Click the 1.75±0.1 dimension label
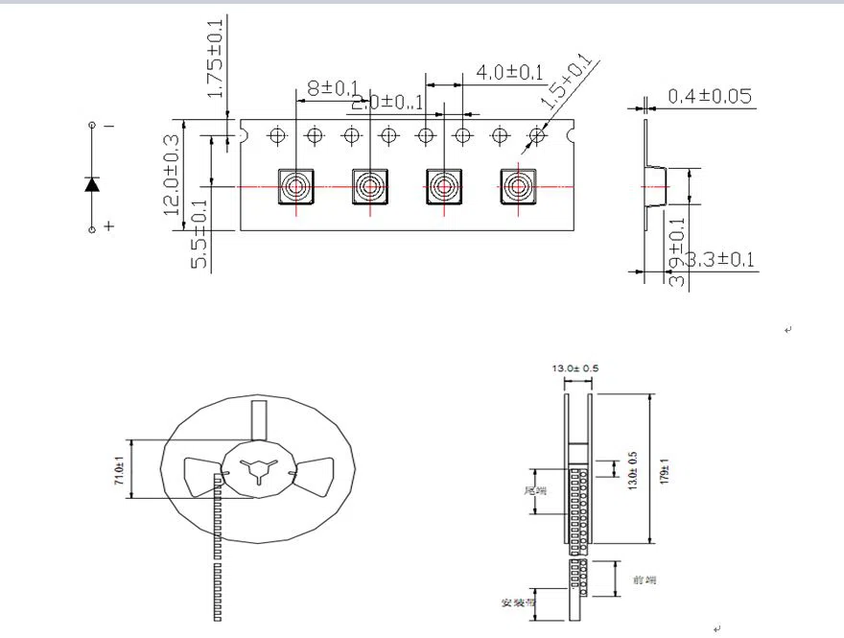click(x=215, y=59)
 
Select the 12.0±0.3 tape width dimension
click(x=173, y=175)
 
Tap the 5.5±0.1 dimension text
click(x=199, y=234)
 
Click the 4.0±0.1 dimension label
click(x=510, y=72)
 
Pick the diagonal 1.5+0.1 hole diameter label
click(x=567, y=83)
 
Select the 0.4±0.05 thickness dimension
click(x=709, y=96)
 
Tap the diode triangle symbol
click(x=92, y=183)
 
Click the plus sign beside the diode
click(x=108, y=226)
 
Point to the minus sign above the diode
click(x=108, y=126)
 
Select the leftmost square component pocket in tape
click(x=295, y=186)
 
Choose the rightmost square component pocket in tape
click(x=518, y=186)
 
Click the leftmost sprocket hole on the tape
click(x=277, y=135)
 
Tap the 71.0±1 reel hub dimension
click(x=120, y=470)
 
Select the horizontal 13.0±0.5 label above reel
click(x=575, y=368)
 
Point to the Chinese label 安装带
click(x=516, y=603)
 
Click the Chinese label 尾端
click(x=534, y=490)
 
